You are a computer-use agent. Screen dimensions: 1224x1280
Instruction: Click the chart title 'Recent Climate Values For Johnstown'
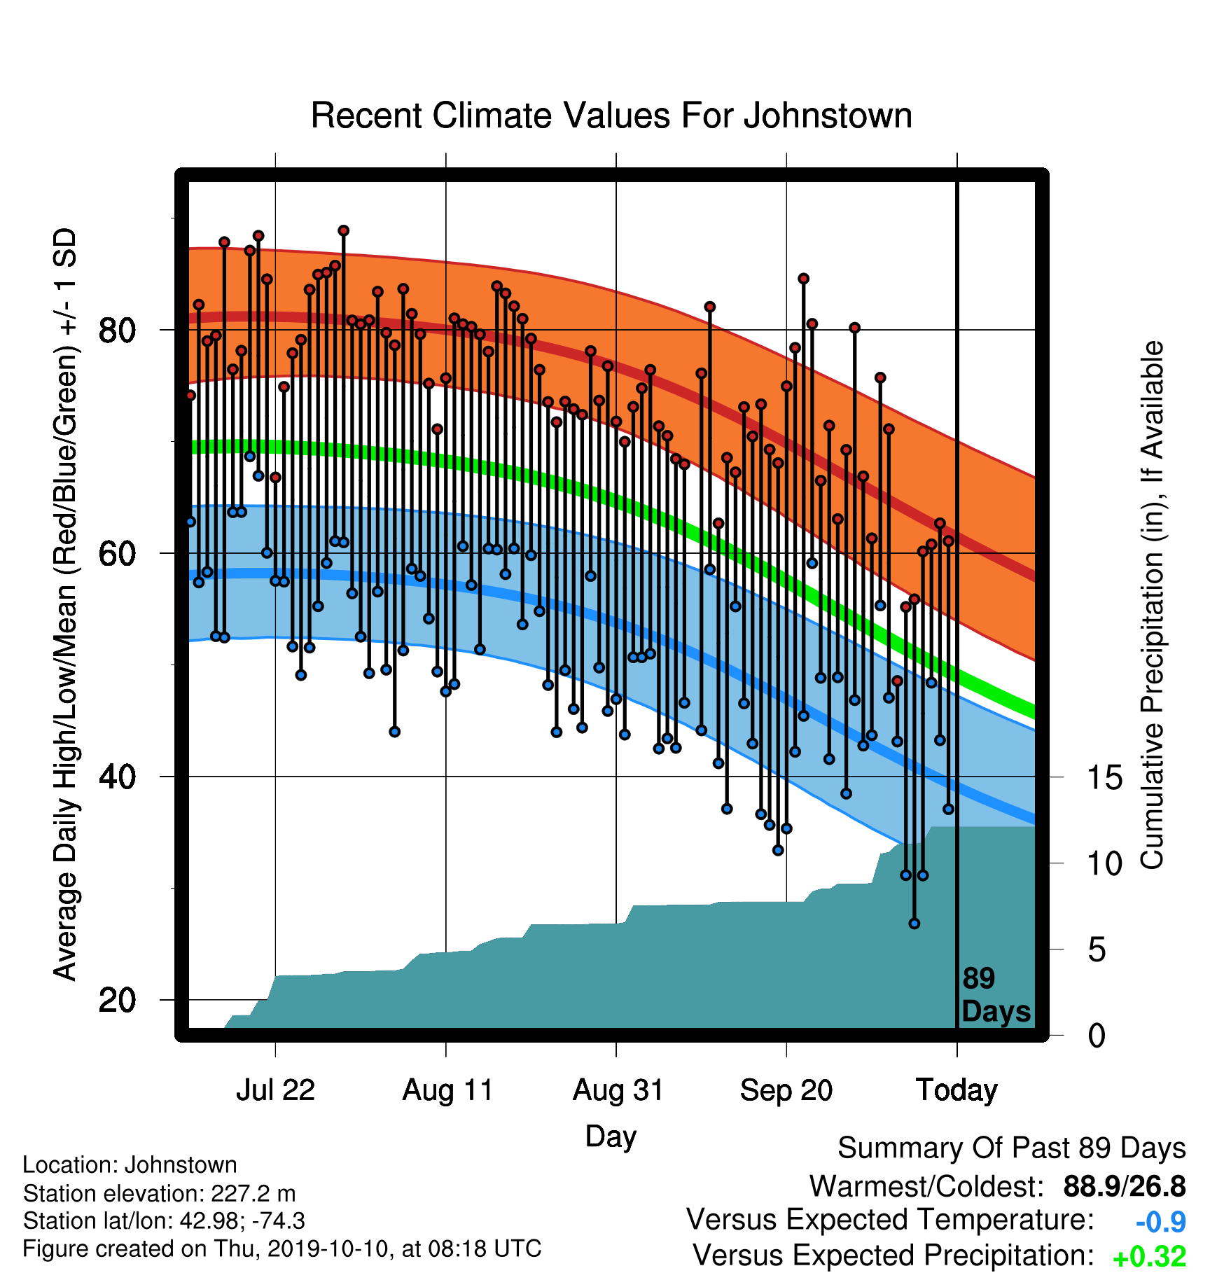click(611, 116)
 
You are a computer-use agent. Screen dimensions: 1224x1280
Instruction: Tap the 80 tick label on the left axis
click(118, 330)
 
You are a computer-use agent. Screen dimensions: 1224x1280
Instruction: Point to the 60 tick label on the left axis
click(118, 553)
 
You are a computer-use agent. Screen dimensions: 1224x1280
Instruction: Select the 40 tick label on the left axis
click(118, 777)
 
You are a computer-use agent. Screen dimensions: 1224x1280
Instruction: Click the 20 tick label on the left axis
click(118, 1000)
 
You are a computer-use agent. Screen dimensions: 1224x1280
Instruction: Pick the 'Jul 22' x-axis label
click(275, 1090)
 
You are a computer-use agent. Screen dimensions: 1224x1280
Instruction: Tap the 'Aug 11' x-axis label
click(447, 1090)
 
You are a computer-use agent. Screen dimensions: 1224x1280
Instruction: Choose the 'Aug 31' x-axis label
click(618, 1090)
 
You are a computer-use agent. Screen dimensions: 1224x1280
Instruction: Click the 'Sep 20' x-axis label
click(786, 1090)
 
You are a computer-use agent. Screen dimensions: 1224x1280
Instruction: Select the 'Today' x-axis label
click(957, 1090)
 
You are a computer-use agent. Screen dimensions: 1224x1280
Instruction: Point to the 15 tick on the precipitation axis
click(1104, 777)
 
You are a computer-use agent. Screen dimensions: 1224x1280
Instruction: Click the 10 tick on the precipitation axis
click(1104, 863)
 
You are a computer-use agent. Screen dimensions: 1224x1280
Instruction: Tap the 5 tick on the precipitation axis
click(1097, 949)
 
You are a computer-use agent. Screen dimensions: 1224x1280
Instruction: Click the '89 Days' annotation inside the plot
click(996, 995)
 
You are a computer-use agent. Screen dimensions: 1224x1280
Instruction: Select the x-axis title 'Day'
click(611, 1136)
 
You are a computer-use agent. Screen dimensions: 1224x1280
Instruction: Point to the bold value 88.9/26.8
click(1125, 1186)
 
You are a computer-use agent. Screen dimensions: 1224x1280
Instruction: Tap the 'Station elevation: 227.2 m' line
click(159, 1193)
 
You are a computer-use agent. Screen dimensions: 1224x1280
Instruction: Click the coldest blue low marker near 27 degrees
click(914, 924)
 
